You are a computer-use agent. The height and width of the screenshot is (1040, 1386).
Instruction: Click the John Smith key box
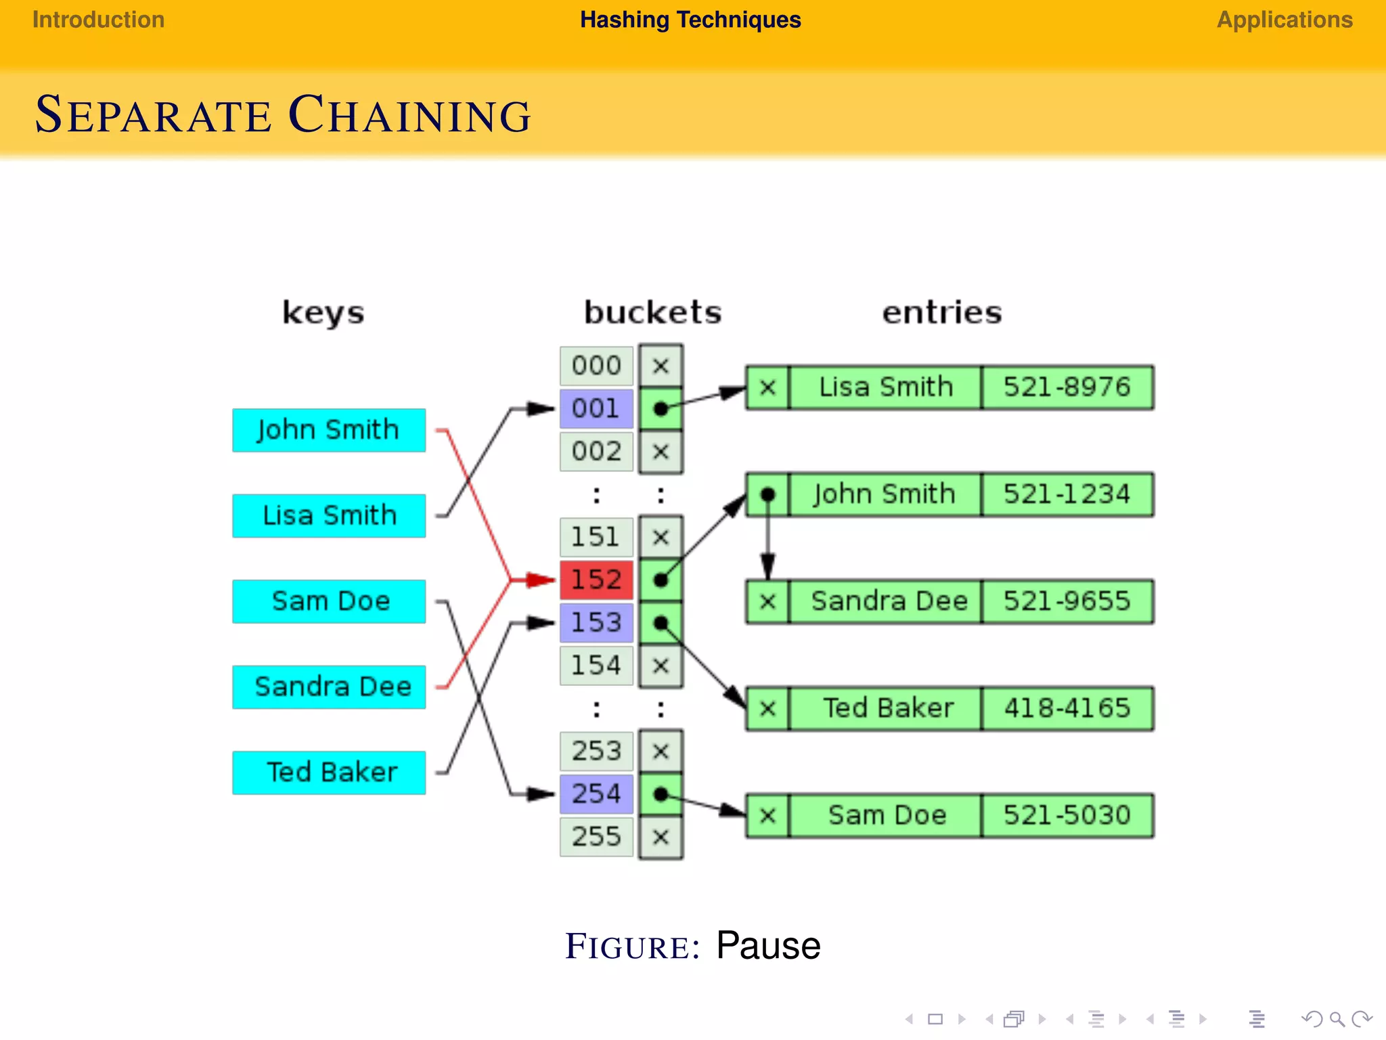(x=329, y=430)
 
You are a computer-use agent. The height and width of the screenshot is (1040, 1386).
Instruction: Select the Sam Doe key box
(x=329, y=601)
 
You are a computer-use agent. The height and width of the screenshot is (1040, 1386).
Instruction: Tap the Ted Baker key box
(x=329, y=773)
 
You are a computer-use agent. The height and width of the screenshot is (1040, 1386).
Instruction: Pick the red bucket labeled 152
(x=596, y=580)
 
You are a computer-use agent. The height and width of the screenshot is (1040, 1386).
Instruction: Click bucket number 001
(x=596, y=408)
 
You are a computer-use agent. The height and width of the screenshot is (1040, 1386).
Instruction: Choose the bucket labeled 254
(x=596, y=794)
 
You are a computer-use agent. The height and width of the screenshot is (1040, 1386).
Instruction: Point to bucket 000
(x=596, y=366)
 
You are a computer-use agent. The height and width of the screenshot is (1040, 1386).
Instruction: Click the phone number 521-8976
(x=1067, y=387)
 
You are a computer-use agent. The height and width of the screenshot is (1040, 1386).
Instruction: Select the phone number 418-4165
(x=1067, y=708)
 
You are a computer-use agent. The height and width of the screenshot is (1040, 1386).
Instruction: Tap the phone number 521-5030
(x=1067, y=815)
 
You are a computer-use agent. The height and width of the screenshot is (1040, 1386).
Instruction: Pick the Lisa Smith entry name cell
(x=885, y=387)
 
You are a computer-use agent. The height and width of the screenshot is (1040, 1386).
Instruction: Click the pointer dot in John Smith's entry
(x=767, y=494)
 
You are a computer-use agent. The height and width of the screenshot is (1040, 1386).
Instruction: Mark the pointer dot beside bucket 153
(x=661, y=622)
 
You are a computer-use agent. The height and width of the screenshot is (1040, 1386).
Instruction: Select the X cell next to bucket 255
(x=661, y=837)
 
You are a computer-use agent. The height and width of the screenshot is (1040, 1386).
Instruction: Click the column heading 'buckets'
(x=652, y=313)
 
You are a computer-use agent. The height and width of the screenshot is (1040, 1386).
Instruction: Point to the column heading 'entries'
(x=941, y=313)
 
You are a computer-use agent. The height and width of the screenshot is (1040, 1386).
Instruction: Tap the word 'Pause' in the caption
(x=768, y=945)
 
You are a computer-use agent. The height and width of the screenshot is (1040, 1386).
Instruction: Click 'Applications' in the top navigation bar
(x=1284, y=20)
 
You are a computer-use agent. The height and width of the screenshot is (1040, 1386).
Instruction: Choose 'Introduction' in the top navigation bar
(x=99, y=20)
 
